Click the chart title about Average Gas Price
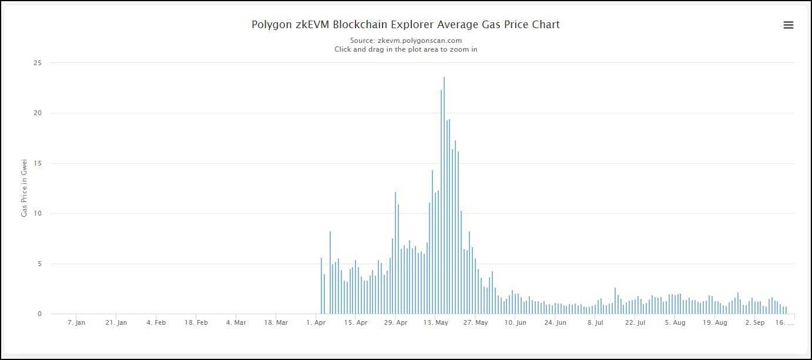[405, 25]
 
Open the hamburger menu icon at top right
[788, 25]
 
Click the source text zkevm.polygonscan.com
[405, 41]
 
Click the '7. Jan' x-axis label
[76, 322]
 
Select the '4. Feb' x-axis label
[156, 322]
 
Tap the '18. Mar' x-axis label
[276, 322]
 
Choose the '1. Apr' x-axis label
[316, 322]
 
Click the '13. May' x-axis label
[435, 322]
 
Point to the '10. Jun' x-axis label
[515, 322]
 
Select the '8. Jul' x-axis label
[595, 322]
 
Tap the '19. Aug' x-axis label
[714, 322]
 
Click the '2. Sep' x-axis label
[754, 322]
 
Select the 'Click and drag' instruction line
[405, 49]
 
